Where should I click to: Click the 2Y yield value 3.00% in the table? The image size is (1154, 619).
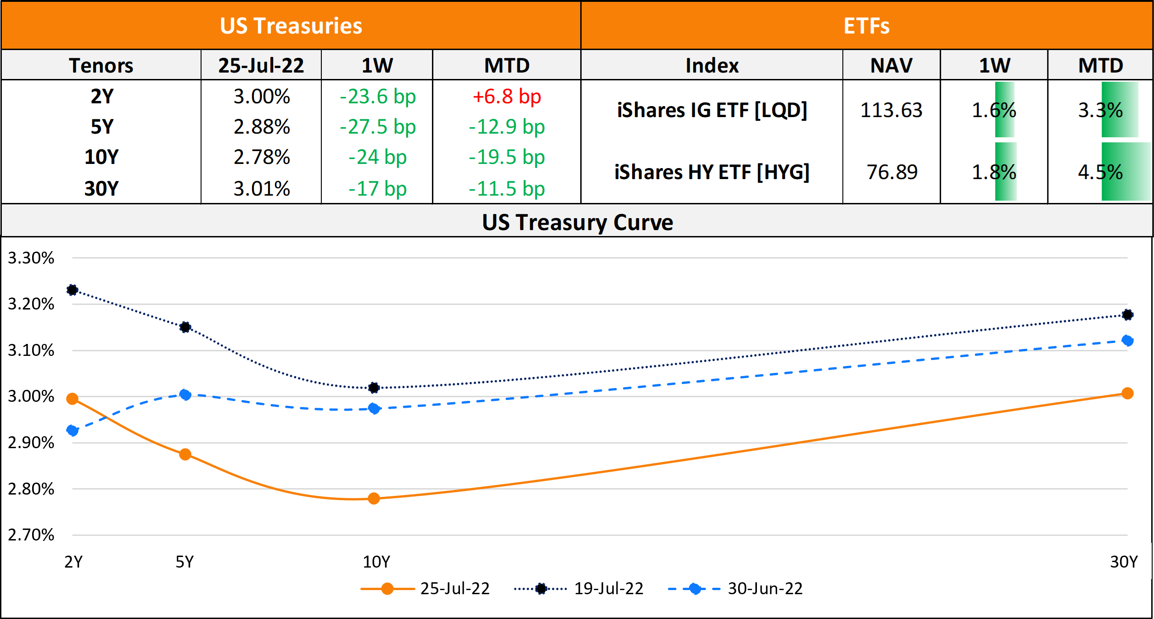tap(262, 96)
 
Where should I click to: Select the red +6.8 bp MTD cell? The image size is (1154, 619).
tap(507, 96)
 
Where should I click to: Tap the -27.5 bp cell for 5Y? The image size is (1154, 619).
tap(377, 127)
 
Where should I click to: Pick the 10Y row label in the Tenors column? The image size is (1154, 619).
tap(101, 157)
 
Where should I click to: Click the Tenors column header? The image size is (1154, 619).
tap(101, 65)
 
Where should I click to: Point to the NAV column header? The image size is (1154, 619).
tap(891, 65)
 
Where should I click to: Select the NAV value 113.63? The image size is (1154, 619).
tap(891, 110)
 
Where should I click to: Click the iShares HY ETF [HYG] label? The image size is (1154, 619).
tap(712, 172)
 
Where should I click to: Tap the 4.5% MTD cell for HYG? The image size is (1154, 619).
tap(1100, 172)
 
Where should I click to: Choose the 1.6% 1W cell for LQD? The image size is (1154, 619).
tap(994, 110)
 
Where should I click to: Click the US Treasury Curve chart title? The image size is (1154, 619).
tap(577, 222)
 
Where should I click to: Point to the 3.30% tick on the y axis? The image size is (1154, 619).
tap(31, 258)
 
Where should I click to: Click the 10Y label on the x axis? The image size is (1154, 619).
tap(376, 562)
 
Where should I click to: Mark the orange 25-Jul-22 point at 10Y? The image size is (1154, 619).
tap(374, 498)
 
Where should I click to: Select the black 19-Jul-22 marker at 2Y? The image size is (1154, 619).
tap(72, 290)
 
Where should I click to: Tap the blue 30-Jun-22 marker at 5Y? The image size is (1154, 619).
tap(185, 394)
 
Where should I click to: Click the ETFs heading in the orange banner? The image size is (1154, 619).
tap(867, 26)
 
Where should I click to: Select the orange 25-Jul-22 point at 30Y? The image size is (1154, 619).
tap(1127, 393)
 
